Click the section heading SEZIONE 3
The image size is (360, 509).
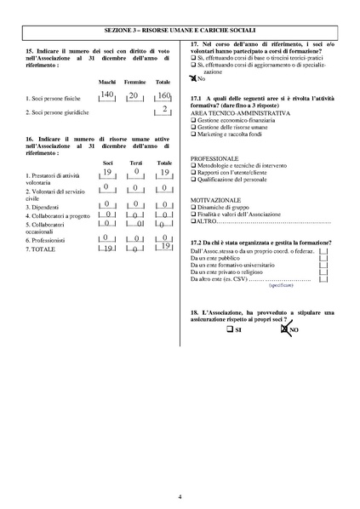point(180,29)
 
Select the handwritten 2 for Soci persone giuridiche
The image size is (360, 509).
point(164,110)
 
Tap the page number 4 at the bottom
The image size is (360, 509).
point(180,495)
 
